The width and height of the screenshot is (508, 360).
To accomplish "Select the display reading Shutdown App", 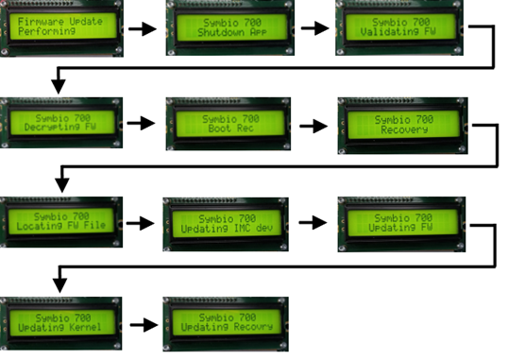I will click(x=227, y=26).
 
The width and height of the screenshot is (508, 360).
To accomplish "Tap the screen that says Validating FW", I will click(x=397, y=26).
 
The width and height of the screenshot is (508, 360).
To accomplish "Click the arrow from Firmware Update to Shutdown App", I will click(x=143, y=28).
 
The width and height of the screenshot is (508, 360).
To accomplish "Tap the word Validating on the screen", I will click(x=386, y=33).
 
